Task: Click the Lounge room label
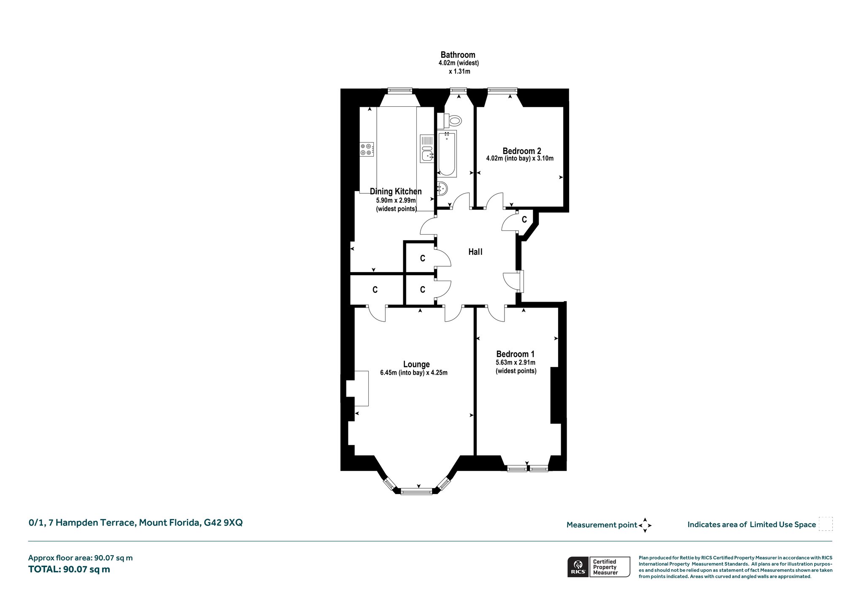click(x=416, y=364)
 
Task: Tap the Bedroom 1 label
click(x=515, y=354)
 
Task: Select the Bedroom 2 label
click(x=522, y=151)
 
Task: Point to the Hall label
click(x=475, y=252)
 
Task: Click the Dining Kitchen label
click(x=396, y=192)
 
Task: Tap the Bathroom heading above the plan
click(x=458, y=55)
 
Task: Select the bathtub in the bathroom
click(x=447, y=154)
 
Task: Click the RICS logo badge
click(x=577, y=567)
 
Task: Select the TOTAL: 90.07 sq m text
click(x=69, y=569)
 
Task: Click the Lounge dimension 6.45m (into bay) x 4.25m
click(x=414, y=373)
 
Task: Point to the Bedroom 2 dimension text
click(x=520, y=159)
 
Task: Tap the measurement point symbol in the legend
click(x=645, y=525)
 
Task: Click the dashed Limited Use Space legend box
click(x=826, y=524)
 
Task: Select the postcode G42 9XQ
click(x=223, y=523)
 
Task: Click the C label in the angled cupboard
click(x=524, y=219)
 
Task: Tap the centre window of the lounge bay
click(x=416, y=491)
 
